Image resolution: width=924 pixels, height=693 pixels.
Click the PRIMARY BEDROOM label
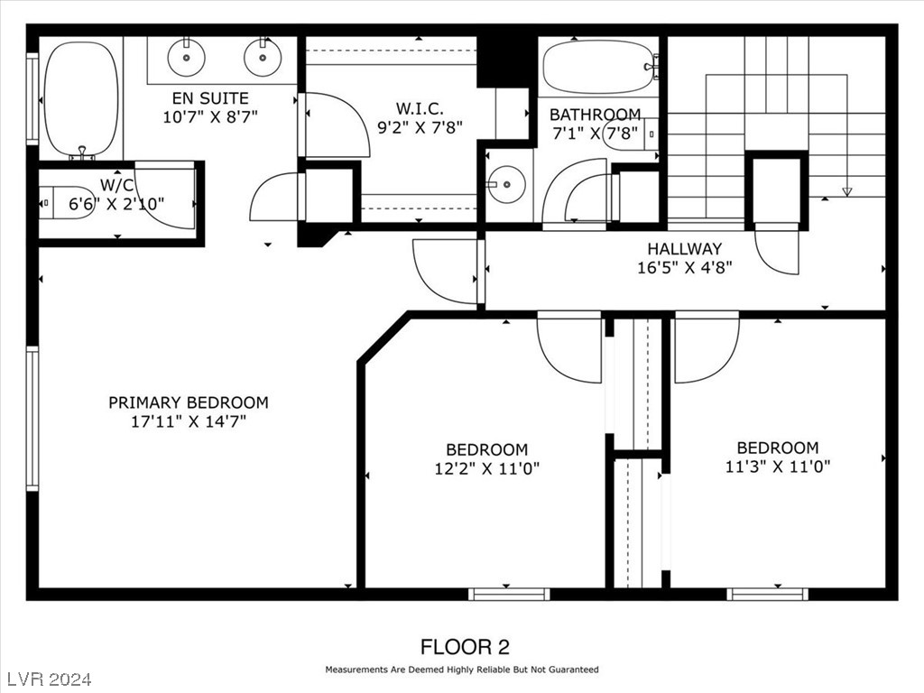click(x=188, y=402)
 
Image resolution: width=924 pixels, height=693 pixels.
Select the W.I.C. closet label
click(x=419, y=108)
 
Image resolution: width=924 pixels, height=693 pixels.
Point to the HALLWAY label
click(x=684, y=248)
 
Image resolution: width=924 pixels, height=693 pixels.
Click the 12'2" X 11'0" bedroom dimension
click(x=486, y=468)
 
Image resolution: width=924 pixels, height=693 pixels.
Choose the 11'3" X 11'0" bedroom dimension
click(x=777, y=467)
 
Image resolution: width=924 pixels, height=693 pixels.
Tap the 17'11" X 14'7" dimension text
click(x=188, y=421)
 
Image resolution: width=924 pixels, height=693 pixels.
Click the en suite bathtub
click(x=81, y=99)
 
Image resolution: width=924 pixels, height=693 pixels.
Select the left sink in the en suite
click(x=187, y=58)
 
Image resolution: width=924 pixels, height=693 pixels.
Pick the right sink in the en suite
click(x=263, y=58)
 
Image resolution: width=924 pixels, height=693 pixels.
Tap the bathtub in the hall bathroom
click(x=597, y=66)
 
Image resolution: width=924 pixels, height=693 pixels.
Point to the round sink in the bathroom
click(x=506, y=184)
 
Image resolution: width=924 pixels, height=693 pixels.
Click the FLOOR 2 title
click(x=465, y=647)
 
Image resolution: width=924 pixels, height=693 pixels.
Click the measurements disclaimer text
click(x=461, y=670)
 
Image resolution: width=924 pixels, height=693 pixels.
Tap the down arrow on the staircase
click(x=846, y=190)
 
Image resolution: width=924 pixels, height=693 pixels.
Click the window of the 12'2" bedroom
click(x=509, y=594)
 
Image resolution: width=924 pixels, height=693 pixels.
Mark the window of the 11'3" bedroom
click(x=767, y=594)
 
